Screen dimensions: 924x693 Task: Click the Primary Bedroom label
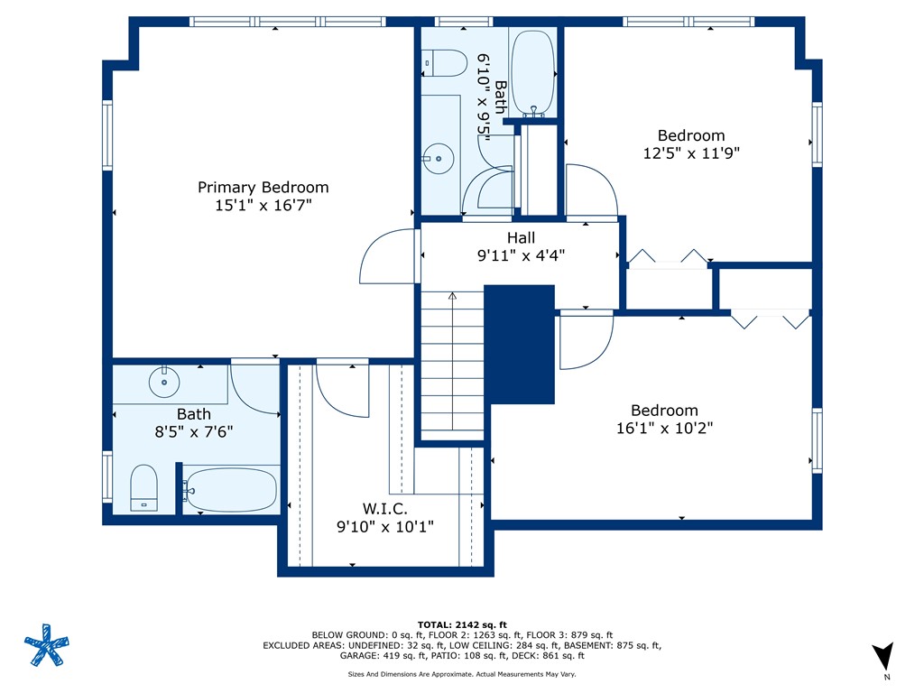(x=263, y=188)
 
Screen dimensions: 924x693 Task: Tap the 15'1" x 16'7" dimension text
(x=263, y=206)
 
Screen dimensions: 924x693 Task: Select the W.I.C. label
(x=384, y=509)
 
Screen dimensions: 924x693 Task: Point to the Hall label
(x=521, y=238)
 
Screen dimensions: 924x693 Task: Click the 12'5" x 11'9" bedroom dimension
(x=691, y=153)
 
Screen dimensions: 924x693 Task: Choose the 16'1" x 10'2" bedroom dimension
(x=665, y=429)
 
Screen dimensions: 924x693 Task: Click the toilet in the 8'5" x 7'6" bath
(x=143, y=488)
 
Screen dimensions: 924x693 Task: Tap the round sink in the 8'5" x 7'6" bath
(x=164, y=382)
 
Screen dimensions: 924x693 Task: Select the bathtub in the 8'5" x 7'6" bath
(x=231, y=490)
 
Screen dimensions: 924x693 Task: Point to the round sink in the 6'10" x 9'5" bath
(x=439, y=159)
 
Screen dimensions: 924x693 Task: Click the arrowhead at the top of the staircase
(x=452, y=296)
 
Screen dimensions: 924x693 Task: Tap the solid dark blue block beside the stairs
(x=519, y=345)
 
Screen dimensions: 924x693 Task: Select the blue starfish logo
(x=47, y=645)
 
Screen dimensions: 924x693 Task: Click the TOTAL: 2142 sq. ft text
(x=462, y=624)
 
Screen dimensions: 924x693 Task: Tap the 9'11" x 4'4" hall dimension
(x=521, y=255)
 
